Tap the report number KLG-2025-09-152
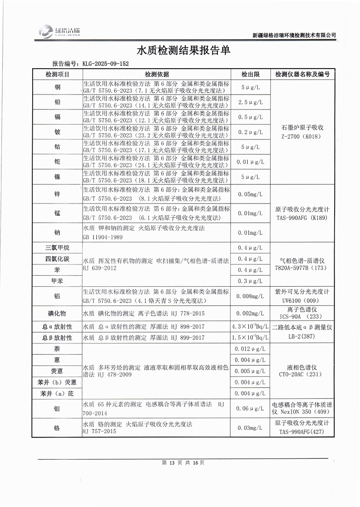click(105, 64)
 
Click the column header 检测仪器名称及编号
click(302, 74)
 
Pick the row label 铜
click(57, 87)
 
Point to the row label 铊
click(57, 161)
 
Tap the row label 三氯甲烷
click(57, 248)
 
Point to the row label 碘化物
click(57, 313)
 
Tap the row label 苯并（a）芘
click(57, 393)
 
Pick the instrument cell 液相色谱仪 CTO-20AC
click(302, 371)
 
